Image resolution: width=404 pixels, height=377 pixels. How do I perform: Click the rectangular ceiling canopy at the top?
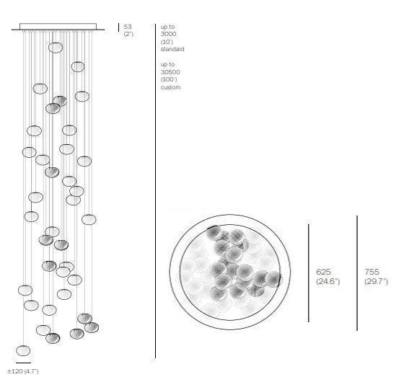(58, 26)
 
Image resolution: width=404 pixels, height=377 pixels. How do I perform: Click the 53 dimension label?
(128, 27)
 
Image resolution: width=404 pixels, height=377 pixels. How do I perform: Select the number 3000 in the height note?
(169, 34)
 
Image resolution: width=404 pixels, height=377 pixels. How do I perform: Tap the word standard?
(172, 49)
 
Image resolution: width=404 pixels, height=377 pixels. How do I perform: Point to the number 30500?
(170, 72)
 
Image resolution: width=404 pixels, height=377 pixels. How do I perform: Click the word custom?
(170, 87)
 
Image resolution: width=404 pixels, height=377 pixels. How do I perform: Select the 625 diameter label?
(323, 272)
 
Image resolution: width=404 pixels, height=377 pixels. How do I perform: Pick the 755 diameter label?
(372, 272)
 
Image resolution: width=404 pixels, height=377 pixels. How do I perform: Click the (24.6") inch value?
(328, 281)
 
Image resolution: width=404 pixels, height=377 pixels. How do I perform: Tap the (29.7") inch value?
(376, 281)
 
